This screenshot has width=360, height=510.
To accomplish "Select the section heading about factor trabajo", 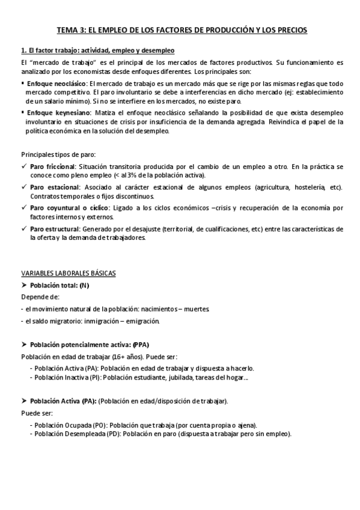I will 97,50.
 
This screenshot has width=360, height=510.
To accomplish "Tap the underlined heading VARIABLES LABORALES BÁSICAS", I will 68,272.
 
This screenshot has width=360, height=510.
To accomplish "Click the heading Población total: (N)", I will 59,284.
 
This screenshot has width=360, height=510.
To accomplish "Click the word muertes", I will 197,309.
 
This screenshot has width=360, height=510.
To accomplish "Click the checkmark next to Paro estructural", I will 23,229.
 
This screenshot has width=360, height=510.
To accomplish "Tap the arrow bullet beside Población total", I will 24,284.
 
